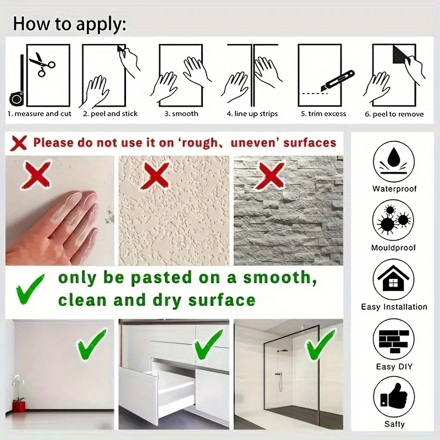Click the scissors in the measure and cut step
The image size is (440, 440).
42,64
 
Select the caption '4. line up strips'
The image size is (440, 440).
252,114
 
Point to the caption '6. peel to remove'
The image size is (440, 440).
394,114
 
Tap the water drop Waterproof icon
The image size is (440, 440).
394,162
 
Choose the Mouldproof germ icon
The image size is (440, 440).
393,221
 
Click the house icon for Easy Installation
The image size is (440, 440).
394,279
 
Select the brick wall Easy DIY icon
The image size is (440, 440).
394,339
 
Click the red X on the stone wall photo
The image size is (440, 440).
269,176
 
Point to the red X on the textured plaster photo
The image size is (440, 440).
155,176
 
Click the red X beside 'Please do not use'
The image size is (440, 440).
19,143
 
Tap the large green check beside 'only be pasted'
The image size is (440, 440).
30,289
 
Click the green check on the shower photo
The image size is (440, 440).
320,345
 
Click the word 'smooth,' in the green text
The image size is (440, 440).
280,278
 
